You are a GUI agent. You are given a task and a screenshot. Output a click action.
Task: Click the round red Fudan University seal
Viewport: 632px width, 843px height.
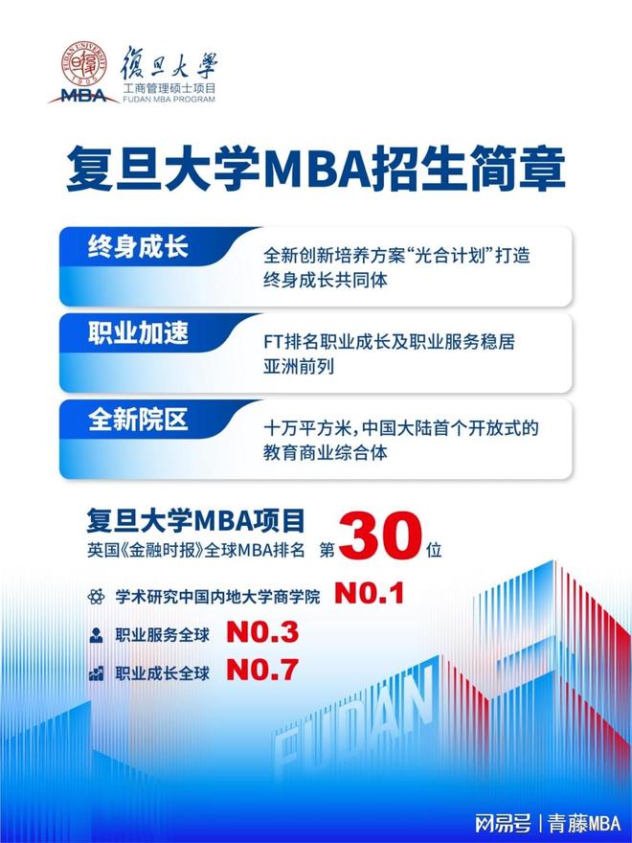[x=83, y=63]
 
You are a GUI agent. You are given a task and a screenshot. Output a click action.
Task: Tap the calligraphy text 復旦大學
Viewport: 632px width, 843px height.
[x=169, y=62]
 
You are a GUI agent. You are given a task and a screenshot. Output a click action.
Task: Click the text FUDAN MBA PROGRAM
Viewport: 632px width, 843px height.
[x=169, y=99]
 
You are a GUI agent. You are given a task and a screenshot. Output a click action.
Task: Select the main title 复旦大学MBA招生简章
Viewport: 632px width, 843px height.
[x=316, y=169]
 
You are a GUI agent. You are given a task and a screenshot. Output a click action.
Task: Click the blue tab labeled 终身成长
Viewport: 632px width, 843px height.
[x=138, y=248]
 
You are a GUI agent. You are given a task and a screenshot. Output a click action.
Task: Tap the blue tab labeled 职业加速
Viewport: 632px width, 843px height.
[x=138, y=333]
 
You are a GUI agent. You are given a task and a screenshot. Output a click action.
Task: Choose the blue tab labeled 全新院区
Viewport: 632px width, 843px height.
[x=138, y=420]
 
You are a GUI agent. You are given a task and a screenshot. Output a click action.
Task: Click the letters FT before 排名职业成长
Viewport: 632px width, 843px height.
[x=273, y=341]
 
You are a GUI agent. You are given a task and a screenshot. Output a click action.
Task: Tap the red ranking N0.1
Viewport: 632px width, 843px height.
[x=369, y=594]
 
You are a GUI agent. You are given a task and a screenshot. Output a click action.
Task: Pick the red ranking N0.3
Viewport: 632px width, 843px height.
[x=262, y=632]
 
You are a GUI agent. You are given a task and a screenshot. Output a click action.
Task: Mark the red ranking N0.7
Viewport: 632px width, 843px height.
[x=262, y=670]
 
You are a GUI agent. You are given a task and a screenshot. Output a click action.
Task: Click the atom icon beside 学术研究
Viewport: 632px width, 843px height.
[x=96, y=596]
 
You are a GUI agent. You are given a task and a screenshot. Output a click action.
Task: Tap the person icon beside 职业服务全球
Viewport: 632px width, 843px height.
[x=96, y=635]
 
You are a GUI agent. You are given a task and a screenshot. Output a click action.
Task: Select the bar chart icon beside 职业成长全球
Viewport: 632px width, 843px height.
[x=96, y=673]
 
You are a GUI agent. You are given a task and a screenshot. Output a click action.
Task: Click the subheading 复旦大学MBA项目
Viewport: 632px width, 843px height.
[x=195, y=520]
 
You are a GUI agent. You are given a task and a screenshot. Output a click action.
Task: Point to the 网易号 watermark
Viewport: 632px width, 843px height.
[x=503, y=823]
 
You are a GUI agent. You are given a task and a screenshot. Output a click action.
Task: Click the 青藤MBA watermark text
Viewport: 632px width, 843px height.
[x=583, y=823]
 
